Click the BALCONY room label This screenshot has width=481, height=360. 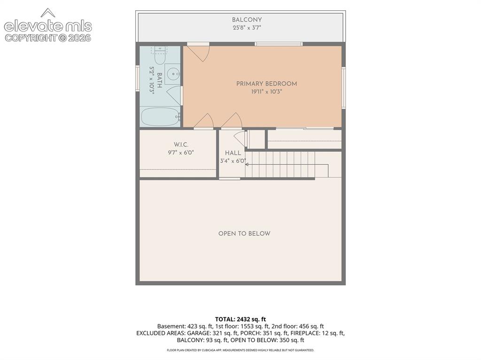point(247,20)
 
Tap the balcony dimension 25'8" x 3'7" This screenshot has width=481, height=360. point(247,28)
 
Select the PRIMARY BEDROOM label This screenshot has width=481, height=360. point(266,84)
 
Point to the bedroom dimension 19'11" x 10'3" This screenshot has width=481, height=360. point(266,92)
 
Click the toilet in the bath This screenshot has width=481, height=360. point(160,55)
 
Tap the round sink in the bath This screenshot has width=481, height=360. point(173,74)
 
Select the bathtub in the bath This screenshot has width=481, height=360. point(161,116)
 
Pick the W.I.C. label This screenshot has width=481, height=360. point(181,145)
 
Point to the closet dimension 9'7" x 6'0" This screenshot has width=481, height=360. point(181,153)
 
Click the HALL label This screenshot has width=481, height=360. point(233,153)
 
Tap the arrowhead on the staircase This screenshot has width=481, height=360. point(246,164)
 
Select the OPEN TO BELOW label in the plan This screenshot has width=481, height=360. point(244,234)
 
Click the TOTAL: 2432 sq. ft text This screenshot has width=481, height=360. point(240,319)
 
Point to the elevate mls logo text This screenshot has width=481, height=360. point(48,26)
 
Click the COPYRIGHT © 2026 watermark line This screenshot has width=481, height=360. point(48,38)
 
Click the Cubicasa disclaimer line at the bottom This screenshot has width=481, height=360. point(240,350)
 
